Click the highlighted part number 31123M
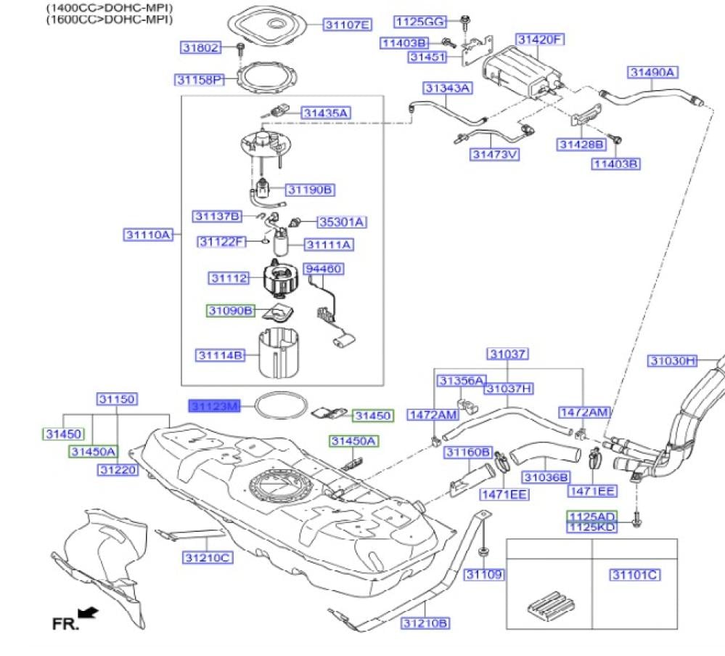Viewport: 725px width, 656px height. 215,407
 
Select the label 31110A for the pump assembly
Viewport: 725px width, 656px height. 148,235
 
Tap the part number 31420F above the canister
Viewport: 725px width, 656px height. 540,39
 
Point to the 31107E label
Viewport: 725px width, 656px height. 347,25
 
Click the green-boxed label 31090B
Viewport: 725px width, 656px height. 230,310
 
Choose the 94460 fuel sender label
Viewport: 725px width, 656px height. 323,269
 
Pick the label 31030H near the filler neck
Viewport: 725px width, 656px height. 673,360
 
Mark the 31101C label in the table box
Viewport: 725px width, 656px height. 635,575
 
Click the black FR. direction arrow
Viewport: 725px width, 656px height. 89,613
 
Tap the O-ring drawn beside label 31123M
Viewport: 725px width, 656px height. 281,405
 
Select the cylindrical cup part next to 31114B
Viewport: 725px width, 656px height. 279,353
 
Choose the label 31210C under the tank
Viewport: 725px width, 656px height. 208,557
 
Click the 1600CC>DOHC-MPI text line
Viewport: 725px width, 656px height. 109,20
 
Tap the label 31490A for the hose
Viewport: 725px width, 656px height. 652,72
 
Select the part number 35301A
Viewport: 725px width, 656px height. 342,222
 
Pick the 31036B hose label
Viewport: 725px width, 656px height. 546,477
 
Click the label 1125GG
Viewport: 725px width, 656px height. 420,22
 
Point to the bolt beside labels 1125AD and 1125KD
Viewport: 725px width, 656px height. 636,519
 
